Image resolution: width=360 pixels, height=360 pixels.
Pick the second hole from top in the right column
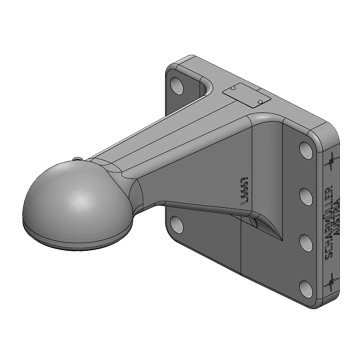pos(306,196)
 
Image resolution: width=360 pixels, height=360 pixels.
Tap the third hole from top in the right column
pos(306,242)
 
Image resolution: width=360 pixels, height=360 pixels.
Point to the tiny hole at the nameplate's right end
pos(260,102)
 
